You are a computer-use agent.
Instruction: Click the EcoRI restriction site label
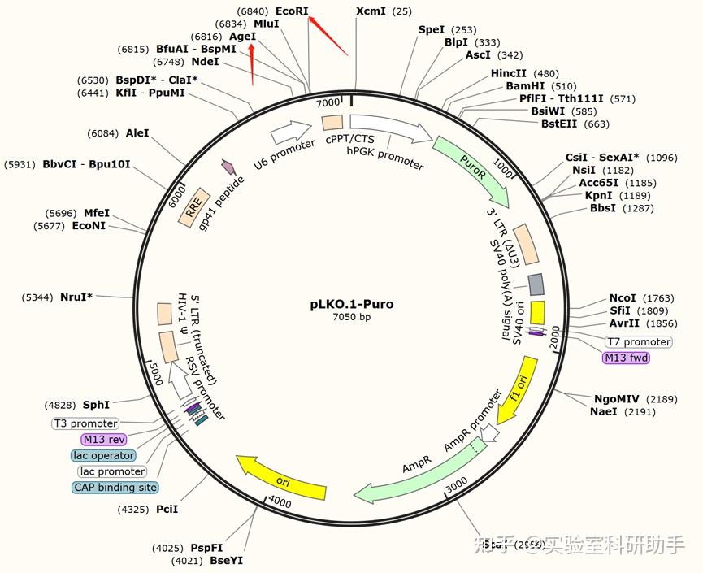point(292,11)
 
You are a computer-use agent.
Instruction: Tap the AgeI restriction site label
point(242,37)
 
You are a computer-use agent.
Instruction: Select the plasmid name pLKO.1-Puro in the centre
point(351,304)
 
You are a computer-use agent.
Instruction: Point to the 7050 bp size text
point(351,317)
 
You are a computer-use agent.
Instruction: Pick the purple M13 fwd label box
point(626,357)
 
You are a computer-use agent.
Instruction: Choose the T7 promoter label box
point(638,341)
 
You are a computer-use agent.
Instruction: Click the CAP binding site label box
point(115,487)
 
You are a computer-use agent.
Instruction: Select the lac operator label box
point(103,455)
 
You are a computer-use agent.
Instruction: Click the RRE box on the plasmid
point(196,206)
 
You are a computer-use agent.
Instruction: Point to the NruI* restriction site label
point(76,297)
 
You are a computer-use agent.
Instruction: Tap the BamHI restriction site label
point(528,86)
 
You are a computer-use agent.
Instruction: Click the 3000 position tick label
point(456,483)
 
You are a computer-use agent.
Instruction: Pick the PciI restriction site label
point(167,510)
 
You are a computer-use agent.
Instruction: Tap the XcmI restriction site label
point(371,11)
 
